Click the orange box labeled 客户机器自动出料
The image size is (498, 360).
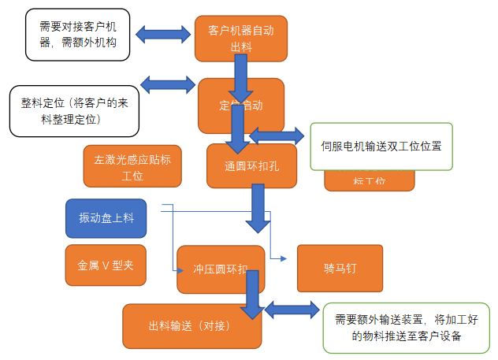240,38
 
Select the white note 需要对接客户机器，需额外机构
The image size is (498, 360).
78,35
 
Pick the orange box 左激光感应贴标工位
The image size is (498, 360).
132,165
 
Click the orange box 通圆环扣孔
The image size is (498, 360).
251,166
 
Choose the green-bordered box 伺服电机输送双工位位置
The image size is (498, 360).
381,147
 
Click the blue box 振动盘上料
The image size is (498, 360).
106,218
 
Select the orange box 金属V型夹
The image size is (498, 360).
106,265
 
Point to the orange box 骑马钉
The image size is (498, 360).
340,268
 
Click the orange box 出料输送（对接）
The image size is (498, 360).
191,325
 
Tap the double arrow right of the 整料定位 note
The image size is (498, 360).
168,84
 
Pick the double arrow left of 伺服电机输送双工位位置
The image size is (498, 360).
277,135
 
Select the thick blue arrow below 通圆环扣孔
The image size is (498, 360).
258,209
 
